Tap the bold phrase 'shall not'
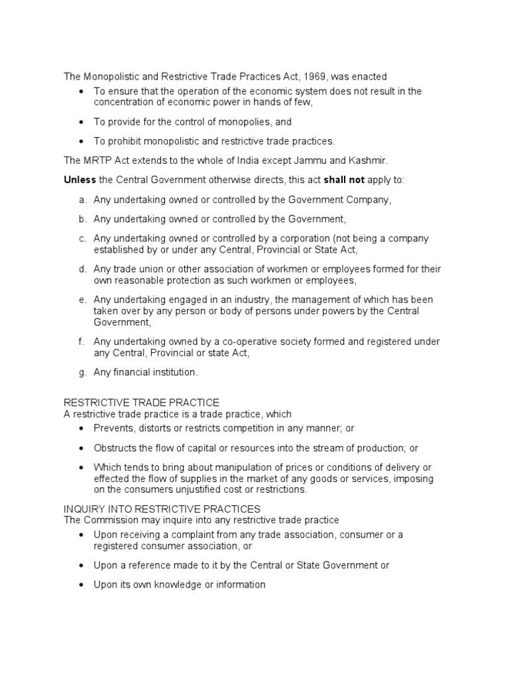tap(343, 180)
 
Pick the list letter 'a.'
tap(82, 199)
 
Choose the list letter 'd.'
tap(82, 269)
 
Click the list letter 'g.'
tap(82, 372)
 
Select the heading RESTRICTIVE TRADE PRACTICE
tap(141, 402)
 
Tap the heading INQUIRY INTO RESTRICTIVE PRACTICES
tap(162, 509)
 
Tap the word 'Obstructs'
tap(115, 448)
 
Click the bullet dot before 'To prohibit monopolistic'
tap(81, 141)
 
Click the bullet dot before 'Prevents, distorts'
tap(81, 428)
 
